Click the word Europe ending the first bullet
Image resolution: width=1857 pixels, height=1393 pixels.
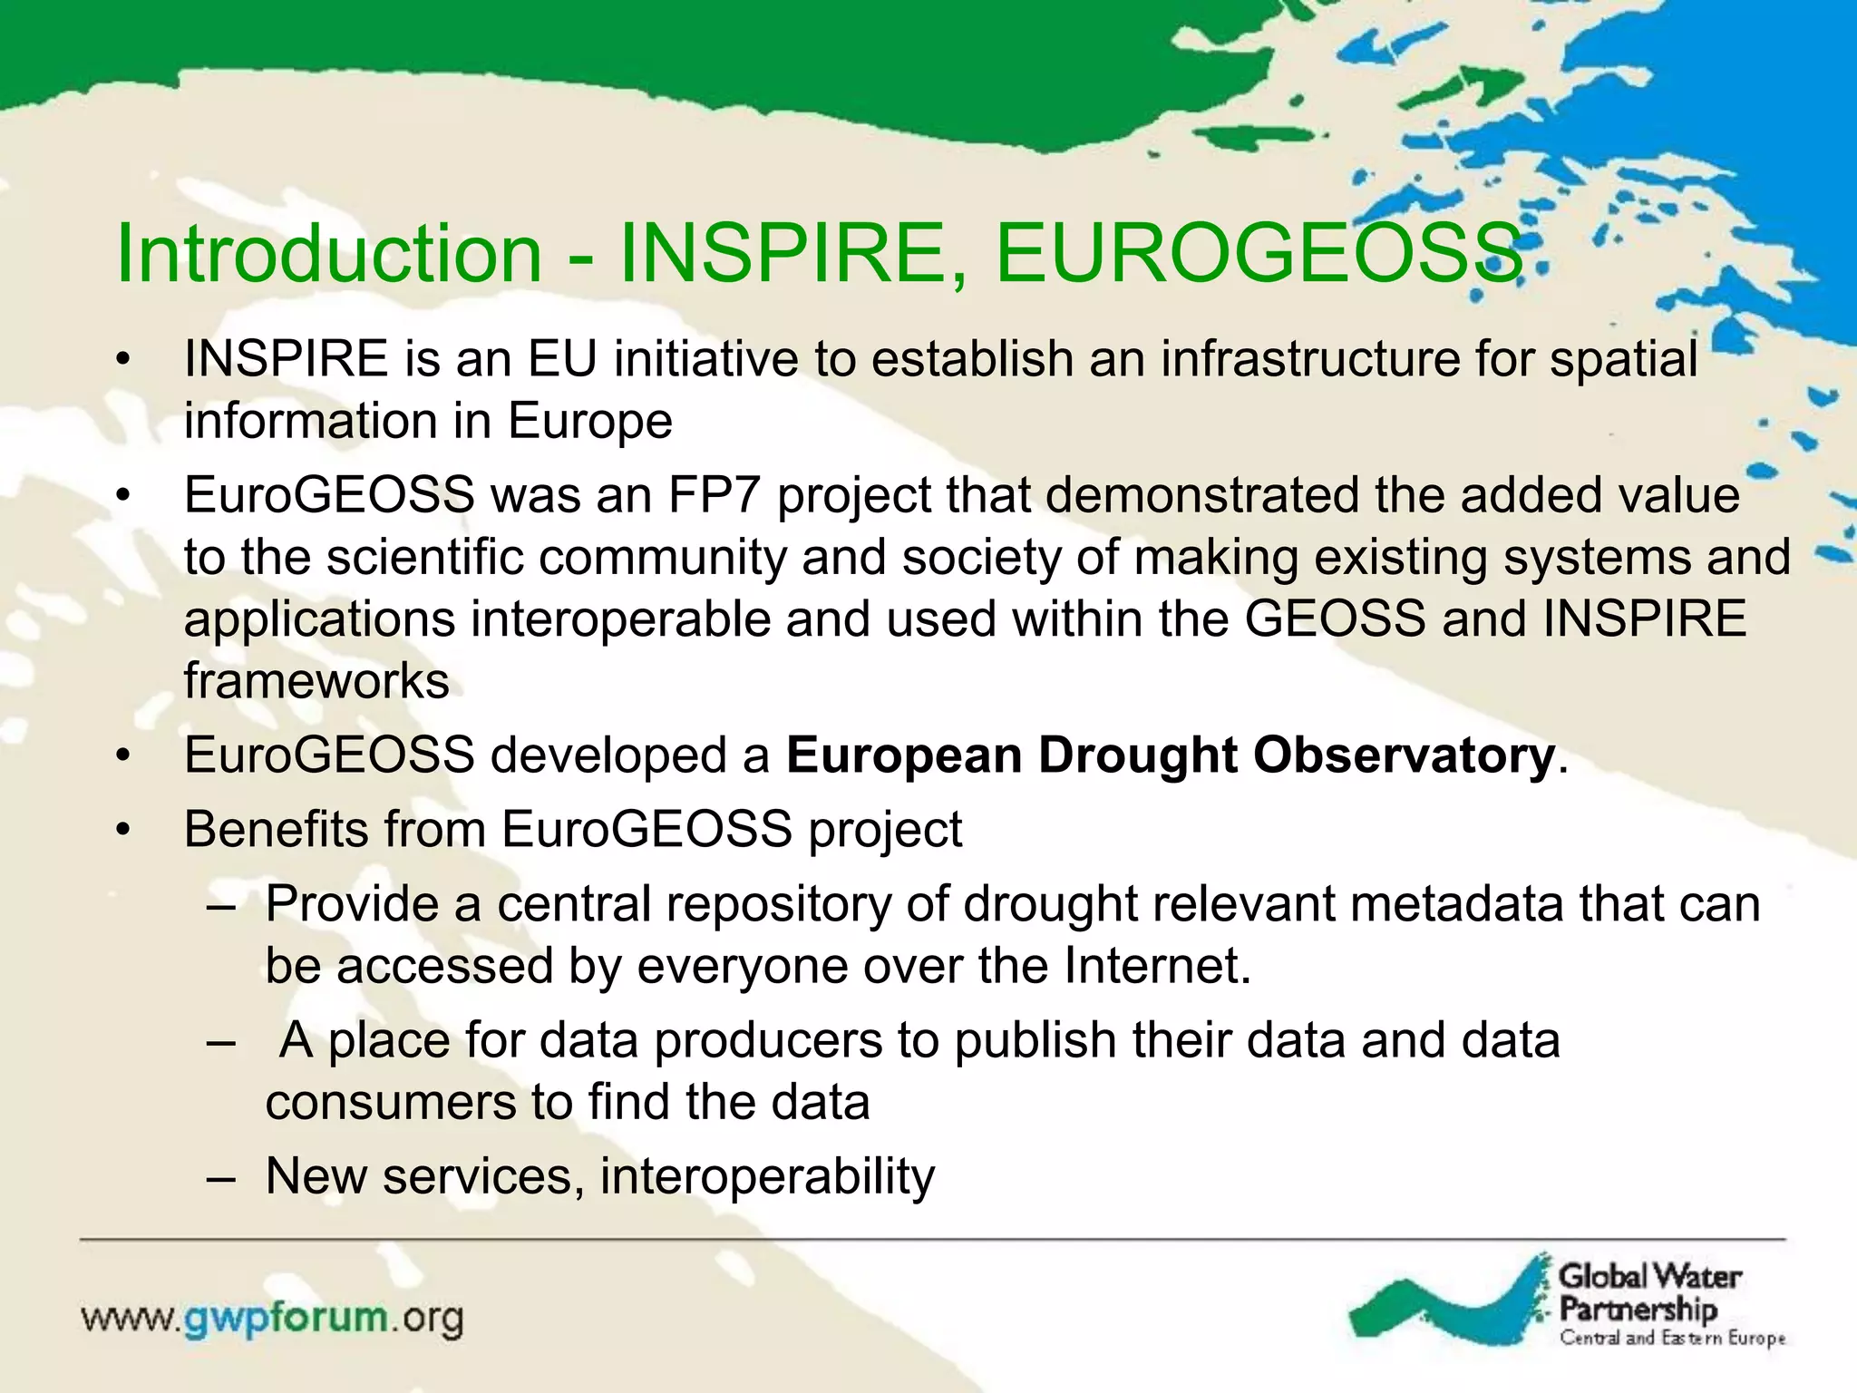click(x=589, y=422)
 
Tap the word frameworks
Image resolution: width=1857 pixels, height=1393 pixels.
click(x=316, y=681)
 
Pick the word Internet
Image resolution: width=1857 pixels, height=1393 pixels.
click(x=1156, y=967)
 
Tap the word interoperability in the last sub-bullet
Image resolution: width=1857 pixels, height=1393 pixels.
click(x=767, y=1177)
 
